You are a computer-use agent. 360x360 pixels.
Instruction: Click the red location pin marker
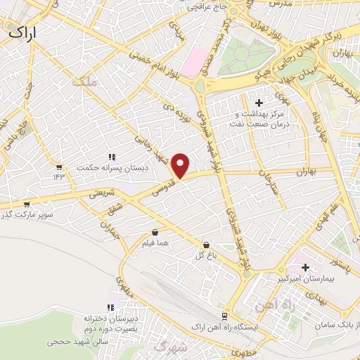tap(181, 166)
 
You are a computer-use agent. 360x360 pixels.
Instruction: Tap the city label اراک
tap(23, 31)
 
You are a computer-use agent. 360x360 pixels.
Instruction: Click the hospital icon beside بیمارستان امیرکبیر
tap(306, 267)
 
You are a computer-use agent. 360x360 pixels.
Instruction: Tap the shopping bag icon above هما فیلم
tap(155, 232)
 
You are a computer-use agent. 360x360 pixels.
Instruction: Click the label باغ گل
tap(205, 255)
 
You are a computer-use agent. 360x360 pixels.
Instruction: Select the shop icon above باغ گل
tap(205, 244)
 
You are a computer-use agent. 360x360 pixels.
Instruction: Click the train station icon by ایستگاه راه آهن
tap(224, 316)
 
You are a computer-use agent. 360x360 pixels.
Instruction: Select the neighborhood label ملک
tap(82, 82)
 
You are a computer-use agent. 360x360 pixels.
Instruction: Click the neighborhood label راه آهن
tap(294, 304)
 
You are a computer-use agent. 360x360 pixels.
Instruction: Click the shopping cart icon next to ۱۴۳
tap(59, 167)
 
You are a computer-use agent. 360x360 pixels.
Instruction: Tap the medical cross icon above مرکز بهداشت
tap(259, 103)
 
